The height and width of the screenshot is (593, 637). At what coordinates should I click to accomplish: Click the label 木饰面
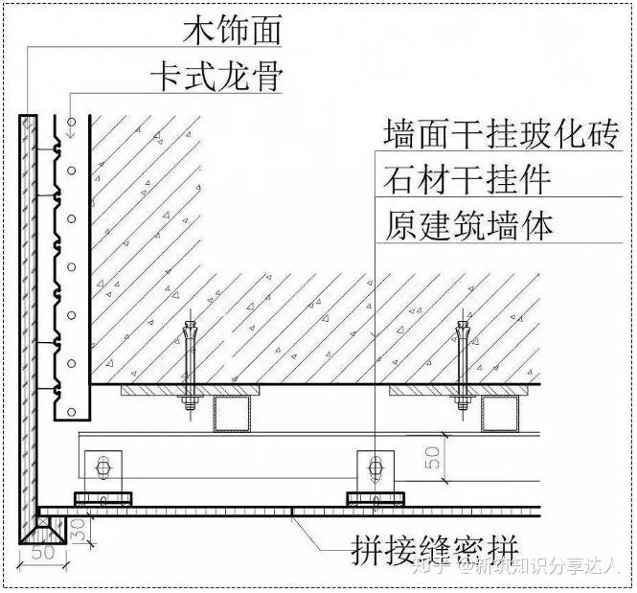click(232, 31)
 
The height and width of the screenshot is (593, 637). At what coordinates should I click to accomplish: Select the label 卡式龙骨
click(216, 77)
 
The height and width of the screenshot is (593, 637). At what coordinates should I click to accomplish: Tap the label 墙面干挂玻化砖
click(501, 133)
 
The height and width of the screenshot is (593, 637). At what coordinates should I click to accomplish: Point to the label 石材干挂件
click(466, 179)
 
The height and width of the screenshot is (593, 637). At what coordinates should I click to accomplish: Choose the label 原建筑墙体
click(468, 225)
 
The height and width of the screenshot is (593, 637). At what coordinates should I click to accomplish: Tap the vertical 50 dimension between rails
click(433, 458)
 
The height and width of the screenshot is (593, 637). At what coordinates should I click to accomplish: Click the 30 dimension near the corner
click(80, 530)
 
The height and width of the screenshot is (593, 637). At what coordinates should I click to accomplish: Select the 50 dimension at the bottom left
click(43, 553)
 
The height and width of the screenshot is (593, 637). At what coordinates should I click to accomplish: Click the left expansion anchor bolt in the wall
click(190, 366)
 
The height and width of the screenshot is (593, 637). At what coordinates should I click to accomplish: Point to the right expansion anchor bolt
click(462, 366)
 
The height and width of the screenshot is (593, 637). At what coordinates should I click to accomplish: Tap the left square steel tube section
click(232, 414)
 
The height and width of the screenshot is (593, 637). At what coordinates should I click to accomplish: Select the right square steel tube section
click(500, 414)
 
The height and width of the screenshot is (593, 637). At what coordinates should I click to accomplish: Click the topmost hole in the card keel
click(72, 122)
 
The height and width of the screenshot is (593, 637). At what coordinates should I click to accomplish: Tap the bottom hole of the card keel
click(72, 412)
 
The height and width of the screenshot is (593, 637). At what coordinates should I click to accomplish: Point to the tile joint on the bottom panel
click(292, 512)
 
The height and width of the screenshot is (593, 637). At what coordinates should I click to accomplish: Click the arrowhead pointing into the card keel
click(72, 132)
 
